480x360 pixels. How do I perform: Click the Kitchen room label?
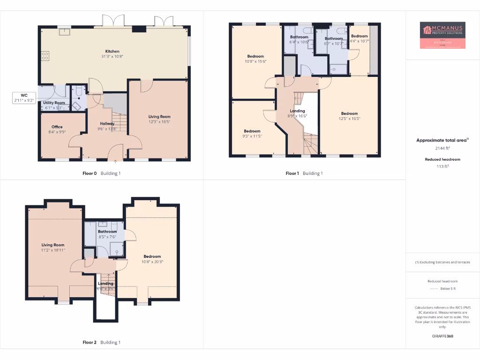112,51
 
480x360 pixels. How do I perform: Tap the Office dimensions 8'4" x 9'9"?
57,132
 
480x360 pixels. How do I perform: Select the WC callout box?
24,97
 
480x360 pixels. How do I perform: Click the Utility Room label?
54,103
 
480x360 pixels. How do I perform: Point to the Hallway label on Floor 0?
106,123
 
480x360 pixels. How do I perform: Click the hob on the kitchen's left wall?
45,56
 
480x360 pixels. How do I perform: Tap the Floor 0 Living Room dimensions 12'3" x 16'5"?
159,122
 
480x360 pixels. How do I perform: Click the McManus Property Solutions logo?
443,35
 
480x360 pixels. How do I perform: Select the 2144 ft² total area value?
443,148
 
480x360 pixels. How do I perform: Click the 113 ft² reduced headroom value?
443,166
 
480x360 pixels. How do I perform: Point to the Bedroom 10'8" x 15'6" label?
255,56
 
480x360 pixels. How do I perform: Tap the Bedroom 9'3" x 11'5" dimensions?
252,136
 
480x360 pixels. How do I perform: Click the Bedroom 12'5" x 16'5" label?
349,113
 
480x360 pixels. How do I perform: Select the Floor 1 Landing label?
297,111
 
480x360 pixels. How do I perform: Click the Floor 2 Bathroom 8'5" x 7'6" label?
107,232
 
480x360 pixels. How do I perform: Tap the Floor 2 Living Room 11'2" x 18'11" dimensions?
53,250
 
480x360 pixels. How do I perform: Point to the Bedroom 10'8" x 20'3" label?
152,256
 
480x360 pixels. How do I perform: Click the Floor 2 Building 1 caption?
101,342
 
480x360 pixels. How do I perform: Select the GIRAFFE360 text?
443,336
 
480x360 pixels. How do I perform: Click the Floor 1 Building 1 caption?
304,173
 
